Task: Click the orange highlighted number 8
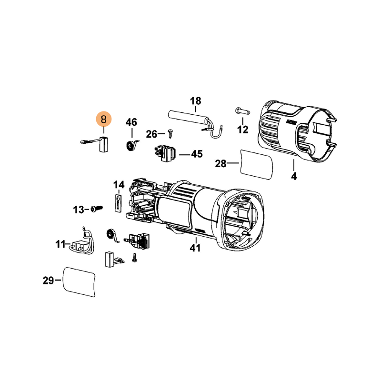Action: (104, 120)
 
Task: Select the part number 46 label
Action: (131, 122)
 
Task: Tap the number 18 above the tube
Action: (196, 101)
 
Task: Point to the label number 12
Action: (243, 130)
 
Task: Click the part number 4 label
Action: (294, 176)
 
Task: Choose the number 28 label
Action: (221, 163)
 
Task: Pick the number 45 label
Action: (197, 154)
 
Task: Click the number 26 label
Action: (151, 134)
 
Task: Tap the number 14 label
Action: (119, 185)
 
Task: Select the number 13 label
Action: (79, 210)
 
